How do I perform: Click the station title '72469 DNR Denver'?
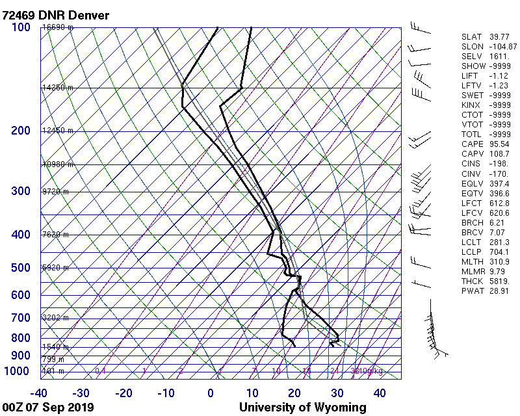56,15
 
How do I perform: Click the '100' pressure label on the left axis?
21,27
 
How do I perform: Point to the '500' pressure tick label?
21,268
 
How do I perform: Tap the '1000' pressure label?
18,370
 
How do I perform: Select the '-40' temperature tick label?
39,393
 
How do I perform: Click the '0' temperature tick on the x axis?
211,393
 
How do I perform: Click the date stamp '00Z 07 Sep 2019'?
48,408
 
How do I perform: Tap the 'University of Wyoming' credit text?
303,408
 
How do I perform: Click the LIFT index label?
470,76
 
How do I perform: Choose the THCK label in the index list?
472,281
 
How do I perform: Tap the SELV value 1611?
495,57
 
